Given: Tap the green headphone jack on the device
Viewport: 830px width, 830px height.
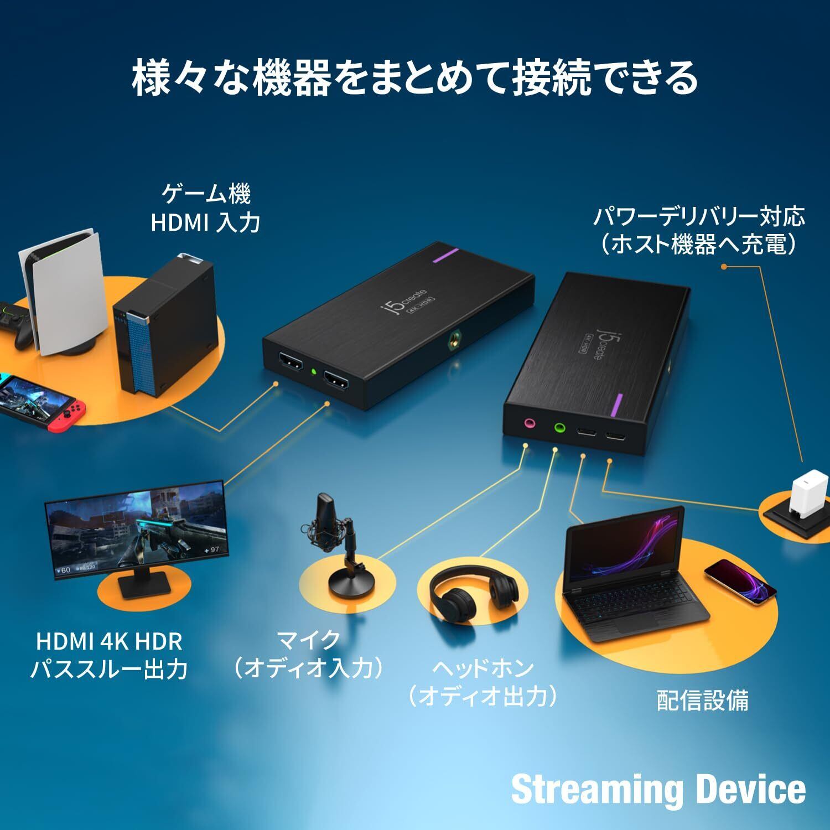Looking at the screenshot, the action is click(559, 428).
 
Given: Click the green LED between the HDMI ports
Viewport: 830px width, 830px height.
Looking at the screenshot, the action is click(313, 371).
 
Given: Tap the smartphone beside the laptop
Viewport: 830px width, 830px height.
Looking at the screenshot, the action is click(741, 582).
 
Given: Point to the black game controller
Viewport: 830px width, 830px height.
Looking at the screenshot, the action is click(17, 326).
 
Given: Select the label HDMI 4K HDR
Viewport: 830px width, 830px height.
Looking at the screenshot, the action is click(109, 641).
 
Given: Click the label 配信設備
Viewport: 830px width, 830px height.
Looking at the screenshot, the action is click(702, 701).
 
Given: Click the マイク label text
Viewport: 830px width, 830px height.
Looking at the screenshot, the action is click(308, 640).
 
